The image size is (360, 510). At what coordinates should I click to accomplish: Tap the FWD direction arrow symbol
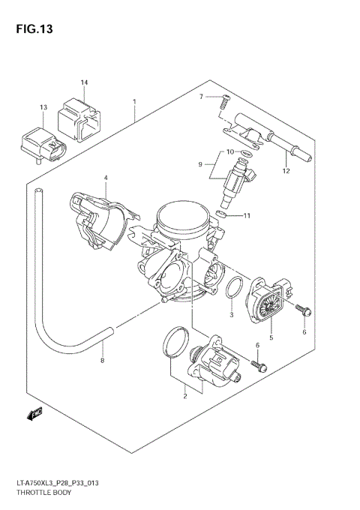[x=34, y=411]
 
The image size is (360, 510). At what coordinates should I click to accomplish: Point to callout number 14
[x=84, y=82]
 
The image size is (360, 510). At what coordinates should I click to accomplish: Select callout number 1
[x=134, y=101]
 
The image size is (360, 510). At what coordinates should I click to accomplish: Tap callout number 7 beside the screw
[x=201, y=97]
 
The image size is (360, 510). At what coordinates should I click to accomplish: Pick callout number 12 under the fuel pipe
[x=286, y=171]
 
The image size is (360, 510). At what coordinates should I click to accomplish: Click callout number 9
[x=200, y=163]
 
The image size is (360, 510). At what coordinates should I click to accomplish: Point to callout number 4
[x=106, y=178]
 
